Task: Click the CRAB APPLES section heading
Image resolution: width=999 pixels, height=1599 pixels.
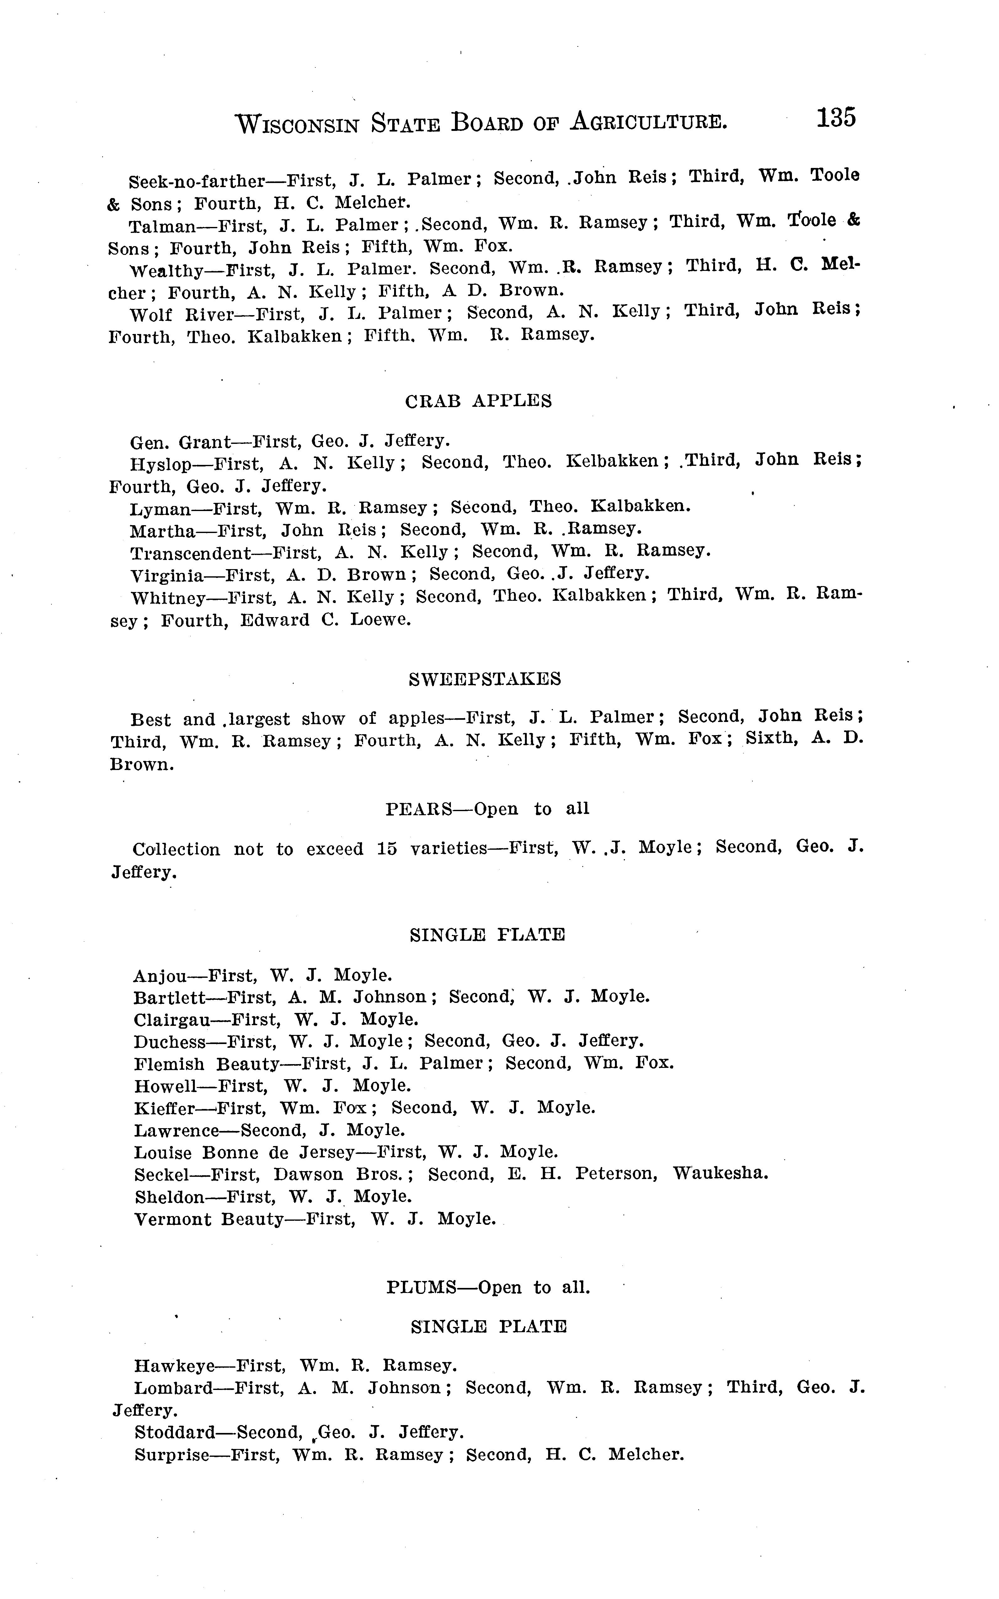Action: point(478,401)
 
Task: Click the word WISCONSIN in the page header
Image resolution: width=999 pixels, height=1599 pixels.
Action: point(297,124)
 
